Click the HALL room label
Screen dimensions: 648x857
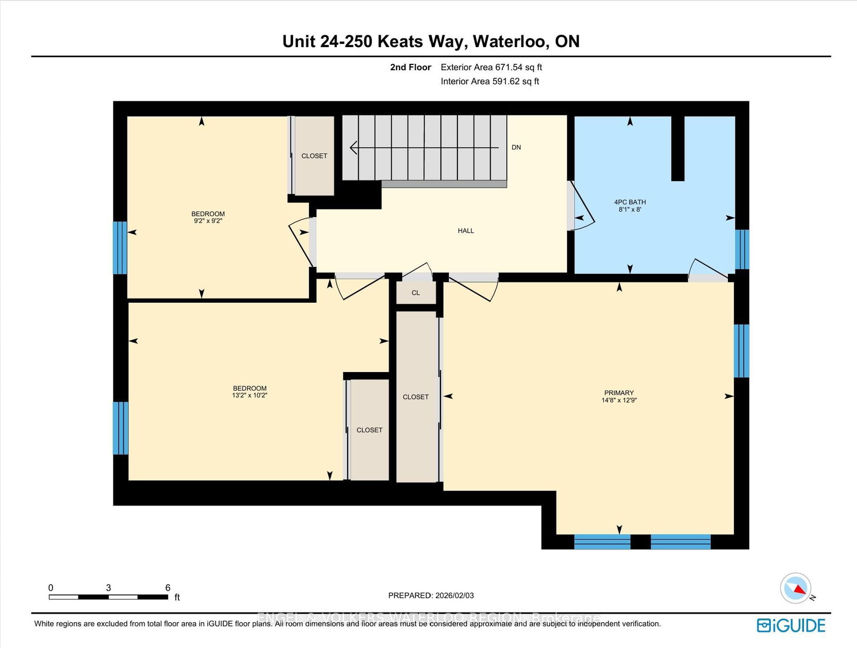click(465, 230)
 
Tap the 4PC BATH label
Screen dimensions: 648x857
click(630, 202)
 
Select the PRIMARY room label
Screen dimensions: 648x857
click(619, 393)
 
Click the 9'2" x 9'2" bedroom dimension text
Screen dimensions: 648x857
click(208, 221)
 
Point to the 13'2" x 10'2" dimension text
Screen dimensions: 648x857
click(250, 396)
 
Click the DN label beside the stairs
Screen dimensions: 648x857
click(516, 147)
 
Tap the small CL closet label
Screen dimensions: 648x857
click(416, 293)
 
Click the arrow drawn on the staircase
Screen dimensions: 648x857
click(423, 147)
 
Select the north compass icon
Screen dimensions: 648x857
click(796, 589)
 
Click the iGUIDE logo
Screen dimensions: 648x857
click(791, 625)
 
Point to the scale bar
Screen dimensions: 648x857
click(108, 597)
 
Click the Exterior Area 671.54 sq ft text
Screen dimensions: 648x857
click(491, 68)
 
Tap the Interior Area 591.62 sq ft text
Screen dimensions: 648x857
click(490, 81)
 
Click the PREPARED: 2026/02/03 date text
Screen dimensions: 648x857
click(431, 595)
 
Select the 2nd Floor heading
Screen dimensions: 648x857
click(410, 68)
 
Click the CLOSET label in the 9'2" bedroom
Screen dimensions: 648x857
click(314, 156)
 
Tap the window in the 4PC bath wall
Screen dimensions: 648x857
click(742, 249)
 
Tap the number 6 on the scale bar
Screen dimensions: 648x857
click(168, 588)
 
